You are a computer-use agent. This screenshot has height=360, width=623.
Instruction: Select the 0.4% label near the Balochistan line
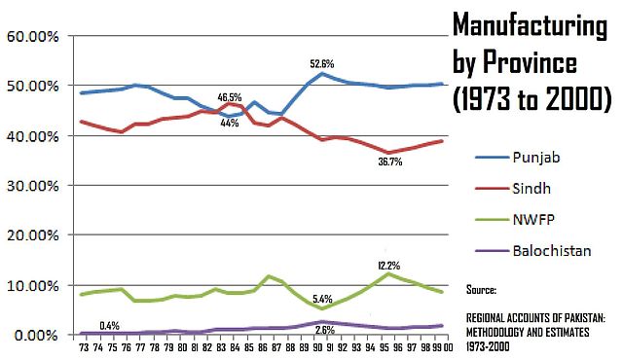pos(110,325)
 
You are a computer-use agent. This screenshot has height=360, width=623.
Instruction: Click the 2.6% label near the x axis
pos(323,331)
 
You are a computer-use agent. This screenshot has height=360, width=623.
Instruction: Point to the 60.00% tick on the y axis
pos(34,36)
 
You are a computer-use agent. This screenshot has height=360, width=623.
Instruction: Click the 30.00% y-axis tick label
pos(34,186)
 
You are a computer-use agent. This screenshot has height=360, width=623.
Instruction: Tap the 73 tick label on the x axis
pos(84,348)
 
